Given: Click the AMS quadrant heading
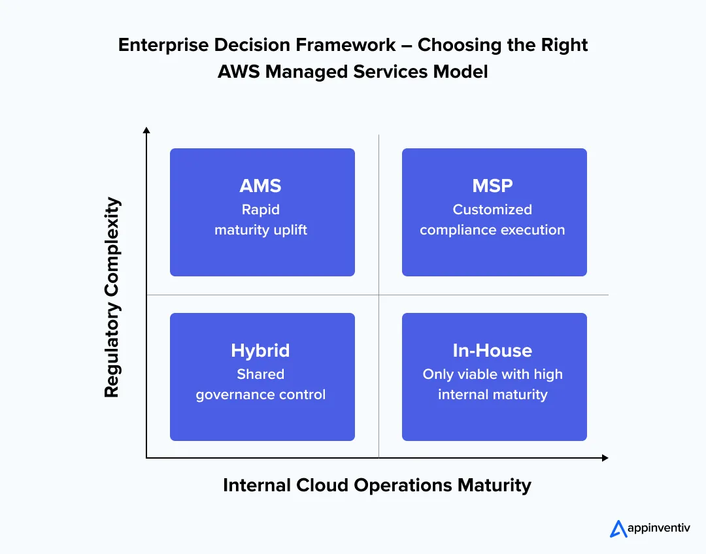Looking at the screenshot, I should coord(260,186).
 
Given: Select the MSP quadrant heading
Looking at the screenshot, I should coord(492,186).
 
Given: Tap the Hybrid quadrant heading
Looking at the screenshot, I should coord(260,350).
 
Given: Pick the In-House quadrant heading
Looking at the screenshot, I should coord(492,350).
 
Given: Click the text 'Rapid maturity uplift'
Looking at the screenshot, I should coord(260,220).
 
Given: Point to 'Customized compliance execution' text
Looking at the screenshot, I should coord(492,220).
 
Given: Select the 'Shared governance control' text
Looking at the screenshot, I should coord(260,384).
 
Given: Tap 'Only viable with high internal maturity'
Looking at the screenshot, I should coord(492,384).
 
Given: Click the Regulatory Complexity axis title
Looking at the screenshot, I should coord(112,297).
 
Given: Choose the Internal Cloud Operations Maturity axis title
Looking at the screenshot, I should coord(377,485).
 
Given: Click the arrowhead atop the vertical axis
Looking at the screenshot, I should coord(146,131).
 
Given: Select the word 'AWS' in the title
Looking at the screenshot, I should coord(239,71).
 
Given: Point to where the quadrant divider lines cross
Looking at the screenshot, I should coord(378,295).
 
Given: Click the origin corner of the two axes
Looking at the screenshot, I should coord(146,458).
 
